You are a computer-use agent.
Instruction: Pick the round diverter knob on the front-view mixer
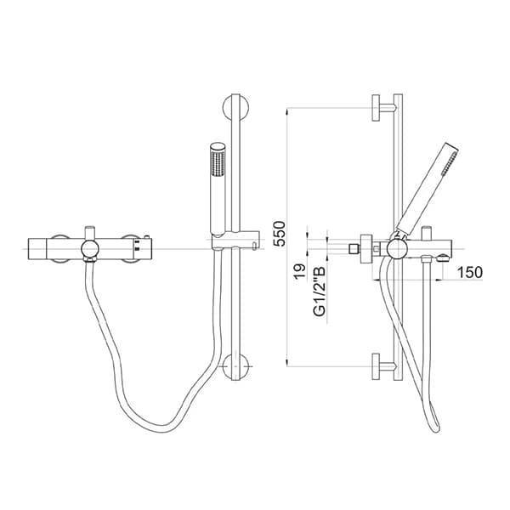point(88,247)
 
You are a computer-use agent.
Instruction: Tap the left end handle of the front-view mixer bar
point(37,247)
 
